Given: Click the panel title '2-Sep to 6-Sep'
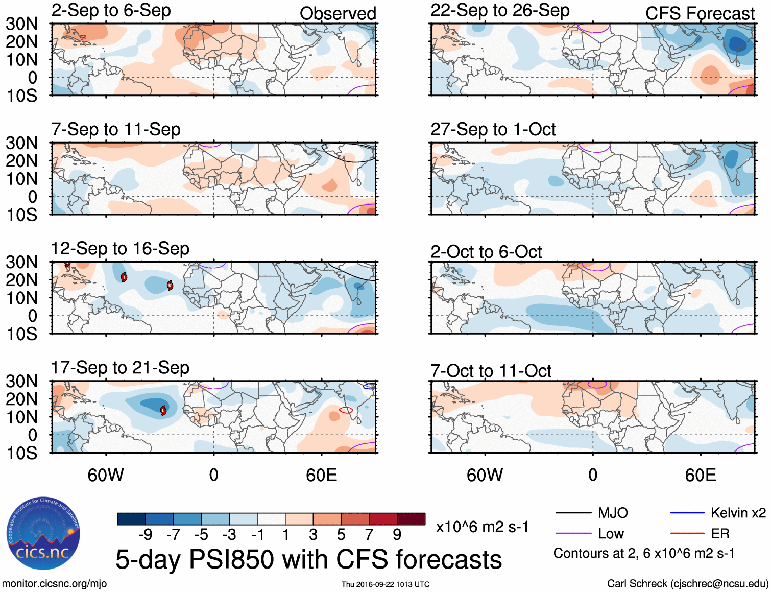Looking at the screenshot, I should click(111, 11).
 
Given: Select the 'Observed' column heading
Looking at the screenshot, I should click(338, 14).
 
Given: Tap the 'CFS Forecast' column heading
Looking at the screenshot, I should click(700, 14).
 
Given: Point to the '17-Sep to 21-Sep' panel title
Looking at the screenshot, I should click(120, 368).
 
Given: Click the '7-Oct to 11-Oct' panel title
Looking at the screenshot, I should click(491, 371).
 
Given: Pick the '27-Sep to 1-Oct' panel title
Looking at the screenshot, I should click(493, 130).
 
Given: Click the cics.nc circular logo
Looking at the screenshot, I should click(43, 533).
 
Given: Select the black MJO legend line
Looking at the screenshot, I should click(573, 513).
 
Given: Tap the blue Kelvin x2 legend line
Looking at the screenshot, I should click(687, 513).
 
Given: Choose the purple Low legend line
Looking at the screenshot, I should click(573, 534).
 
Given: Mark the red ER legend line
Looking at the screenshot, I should click(687, 534).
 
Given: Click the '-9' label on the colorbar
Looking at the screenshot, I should click(145, 535).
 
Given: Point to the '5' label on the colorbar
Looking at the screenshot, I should click(341, 535).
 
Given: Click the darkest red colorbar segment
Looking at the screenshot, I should click(411, 519).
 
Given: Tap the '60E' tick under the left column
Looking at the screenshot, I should click(321, 475).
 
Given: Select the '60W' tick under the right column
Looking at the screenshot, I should click(485, 475).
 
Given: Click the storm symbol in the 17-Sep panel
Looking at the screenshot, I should click(163, 410).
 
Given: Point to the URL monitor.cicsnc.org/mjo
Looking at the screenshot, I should click(54, 584).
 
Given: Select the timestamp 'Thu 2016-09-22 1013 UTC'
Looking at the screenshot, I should click(385, 584).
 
